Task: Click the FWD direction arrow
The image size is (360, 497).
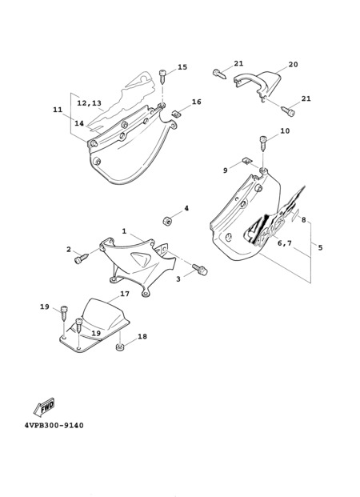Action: pos(44,406)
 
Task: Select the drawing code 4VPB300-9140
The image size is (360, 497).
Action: pos(54,425)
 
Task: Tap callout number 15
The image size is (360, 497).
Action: pos(182,67)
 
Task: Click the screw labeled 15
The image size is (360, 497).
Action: pos(162,76)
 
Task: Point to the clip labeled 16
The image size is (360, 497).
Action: pos(176,113)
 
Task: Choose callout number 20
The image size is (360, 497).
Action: pos(293,64)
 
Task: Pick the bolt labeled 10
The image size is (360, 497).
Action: pos(263,143)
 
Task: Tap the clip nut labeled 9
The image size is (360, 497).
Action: pos(246,162)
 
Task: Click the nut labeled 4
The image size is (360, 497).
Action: pos(166,221)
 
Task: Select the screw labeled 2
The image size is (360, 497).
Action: pos(82,258)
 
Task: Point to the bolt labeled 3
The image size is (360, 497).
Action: pos(200,269)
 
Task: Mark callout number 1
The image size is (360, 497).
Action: pos(124,231)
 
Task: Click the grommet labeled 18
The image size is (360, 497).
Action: pos(119,347)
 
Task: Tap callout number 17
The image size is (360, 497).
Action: pos(125,294)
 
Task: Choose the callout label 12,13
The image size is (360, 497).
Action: pos(89,103)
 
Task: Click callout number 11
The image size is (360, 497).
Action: pos(58,110)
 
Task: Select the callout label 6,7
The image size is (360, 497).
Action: pos(285,243)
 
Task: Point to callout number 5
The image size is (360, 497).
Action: pos(320,247)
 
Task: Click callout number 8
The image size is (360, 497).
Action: pos(303,219)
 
